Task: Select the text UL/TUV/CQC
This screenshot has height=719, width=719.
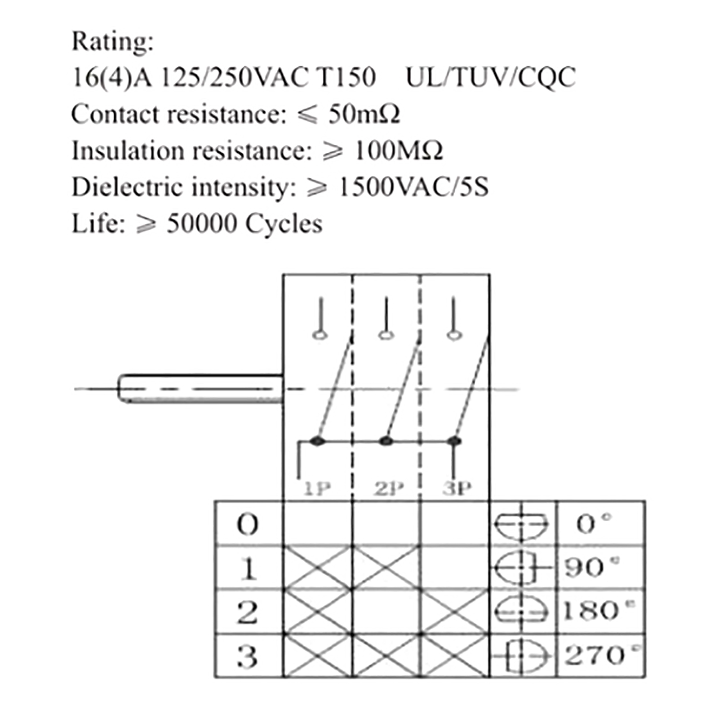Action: pos(490,77)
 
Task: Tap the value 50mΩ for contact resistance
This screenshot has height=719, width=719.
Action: pos(364,114)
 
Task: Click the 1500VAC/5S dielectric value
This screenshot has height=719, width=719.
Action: pos(413,187)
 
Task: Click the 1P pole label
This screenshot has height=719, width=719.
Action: pos(317,488)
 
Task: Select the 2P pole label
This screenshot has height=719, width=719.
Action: pos(387,488)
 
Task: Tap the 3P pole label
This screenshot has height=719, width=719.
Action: pos(457,488)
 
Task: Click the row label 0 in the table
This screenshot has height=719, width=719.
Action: pos(248,524)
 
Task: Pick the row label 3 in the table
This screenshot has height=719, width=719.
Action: pos(248,656)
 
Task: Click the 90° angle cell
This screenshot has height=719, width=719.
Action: pos(591,568)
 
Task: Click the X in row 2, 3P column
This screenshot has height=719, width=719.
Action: pos(455,612)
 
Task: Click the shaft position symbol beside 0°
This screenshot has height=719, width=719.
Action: pos(521,524)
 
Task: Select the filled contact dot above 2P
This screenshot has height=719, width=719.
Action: pos(386,441)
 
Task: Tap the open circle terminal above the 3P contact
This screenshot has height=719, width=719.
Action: pos(454,335)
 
